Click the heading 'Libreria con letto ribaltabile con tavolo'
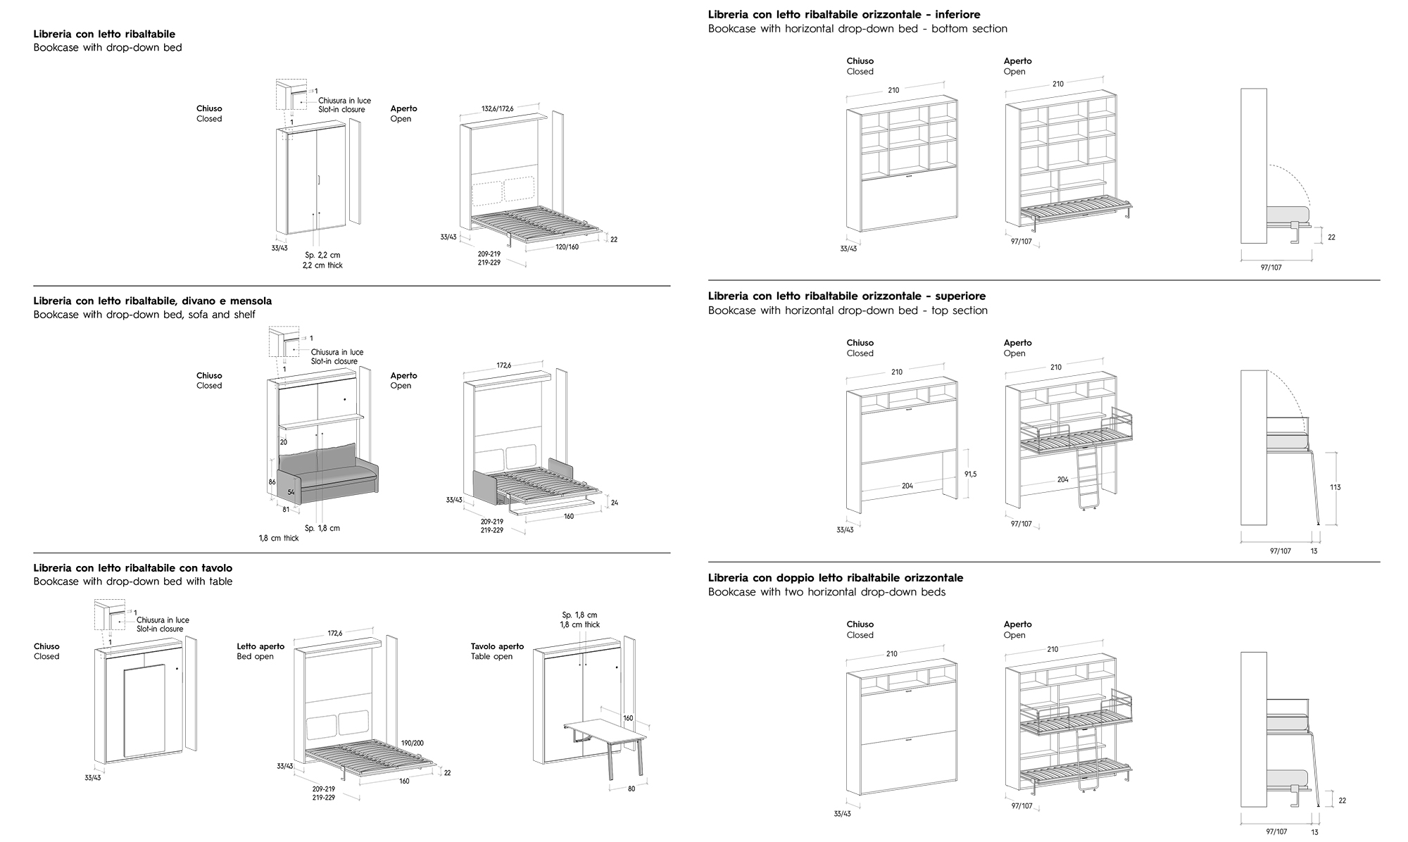(132, 568)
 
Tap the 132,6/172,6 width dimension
(497, 108)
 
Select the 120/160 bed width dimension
(567, 247)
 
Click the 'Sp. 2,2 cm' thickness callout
(322, 255)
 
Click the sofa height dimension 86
(272, 482)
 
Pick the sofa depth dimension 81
(286, 509)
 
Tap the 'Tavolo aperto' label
(497, 646)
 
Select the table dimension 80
(631, 788)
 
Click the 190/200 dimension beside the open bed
(413, 743)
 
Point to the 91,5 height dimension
(970, 475)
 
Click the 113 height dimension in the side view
(1335, 487)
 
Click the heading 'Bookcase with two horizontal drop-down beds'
(826, 592)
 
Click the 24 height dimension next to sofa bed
(614, 503)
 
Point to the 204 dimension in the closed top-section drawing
(907, 486)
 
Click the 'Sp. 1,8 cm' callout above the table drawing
(579, 615)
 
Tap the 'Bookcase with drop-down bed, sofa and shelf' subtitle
(144, 315)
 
